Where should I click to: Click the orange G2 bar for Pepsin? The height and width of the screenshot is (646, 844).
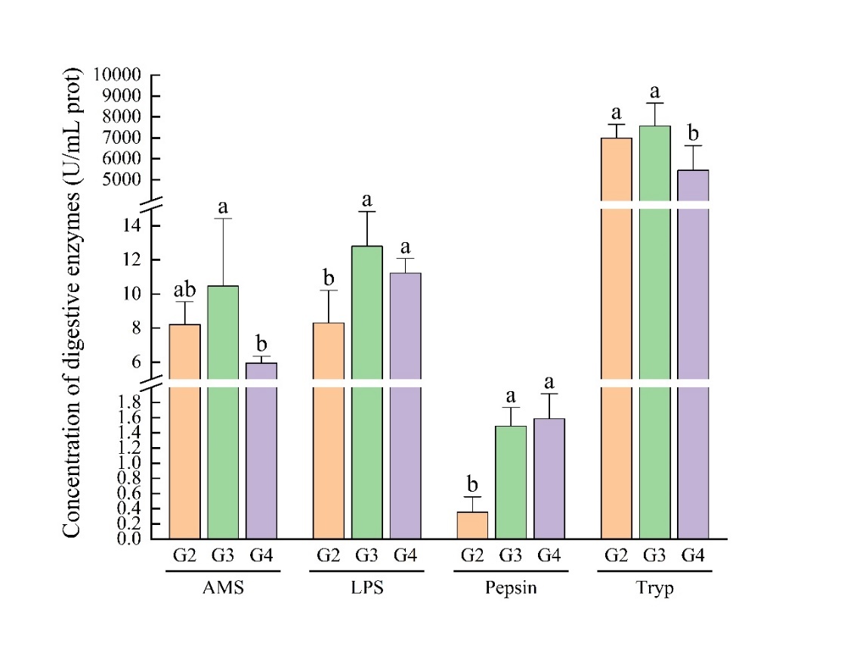(472, 525)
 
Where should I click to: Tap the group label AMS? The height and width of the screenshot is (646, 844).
(223, 589)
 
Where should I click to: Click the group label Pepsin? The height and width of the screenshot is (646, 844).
(511, 589)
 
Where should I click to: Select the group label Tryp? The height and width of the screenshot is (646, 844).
(654, 589)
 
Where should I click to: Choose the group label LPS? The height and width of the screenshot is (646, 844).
(367, 589)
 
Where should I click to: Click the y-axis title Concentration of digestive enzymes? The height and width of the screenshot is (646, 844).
(72, 303)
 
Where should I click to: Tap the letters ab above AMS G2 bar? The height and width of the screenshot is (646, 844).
(185, 290)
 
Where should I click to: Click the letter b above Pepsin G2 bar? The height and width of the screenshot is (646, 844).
(472, 484)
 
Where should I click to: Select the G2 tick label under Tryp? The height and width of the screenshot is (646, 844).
(616, 556)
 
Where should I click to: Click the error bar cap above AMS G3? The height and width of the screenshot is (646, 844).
(223, 219)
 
